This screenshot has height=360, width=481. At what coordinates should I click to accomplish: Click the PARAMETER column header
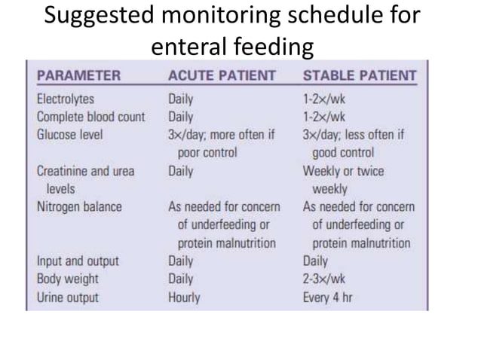(x=78, y=75)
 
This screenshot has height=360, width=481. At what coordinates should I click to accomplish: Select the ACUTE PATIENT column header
(x=222, y=75)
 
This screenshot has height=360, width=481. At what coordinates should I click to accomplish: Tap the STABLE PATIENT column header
(x=359, y=75)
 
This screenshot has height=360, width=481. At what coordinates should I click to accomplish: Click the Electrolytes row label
(x=66, y=99)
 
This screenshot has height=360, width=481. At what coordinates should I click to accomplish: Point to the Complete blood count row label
(x=90, y=117)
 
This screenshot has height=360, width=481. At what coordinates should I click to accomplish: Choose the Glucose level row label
(x=70, y=135)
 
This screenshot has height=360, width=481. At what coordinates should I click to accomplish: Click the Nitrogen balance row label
(x=79, y=206)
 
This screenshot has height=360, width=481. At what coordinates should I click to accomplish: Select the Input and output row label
(x=78, y=261)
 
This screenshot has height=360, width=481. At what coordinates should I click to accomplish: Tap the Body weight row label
(x=68, y=279)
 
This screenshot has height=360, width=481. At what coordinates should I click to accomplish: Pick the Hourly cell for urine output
(x=184, y=297)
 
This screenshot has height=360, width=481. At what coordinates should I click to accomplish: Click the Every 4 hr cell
(x=328, y=297)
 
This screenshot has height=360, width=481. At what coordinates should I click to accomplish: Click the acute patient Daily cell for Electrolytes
(x=181, y=99)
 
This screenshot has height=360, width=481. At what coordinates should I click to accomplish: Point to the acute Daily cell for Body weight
(x=181, y=279)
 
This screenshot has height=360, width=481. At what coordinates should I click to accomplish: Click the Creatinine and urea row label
(x=85, y=171)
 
